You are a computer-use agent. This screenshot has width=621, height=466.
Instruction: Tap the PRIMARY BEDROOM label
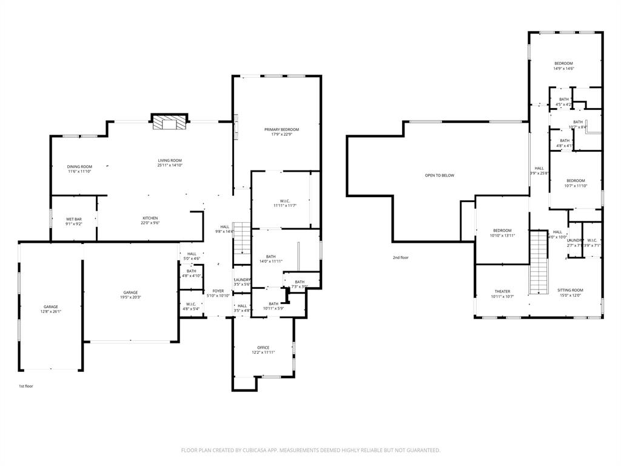tap(281, 130)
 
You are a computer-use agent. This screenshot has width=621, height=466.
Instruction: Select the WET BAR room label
tap(74, 219)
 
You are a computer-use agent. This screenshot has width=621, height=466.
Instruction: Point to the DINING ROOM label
tap(79, 167)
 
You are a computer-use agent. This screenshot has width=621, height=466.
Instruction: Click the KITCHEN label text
tap(150, 218)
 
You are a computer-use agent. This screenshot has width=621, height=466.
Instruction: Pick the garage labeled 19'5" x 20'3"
tap(130, 292)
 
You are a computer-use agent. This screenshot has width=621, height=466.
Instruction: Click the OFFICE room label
tap(263, 348)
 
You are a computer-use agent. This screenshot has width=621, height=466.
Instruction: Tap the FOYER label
tap(218, 291)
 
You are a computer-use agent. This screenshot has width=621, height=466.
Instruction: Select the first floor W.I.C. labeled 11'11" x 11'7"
tap(285, 201)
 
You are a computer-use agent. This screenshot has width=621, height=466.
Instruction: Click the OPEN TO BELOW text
tap(439, 175)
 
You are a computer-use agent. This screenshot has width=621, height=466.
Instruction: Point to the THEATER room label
tap(502, 291)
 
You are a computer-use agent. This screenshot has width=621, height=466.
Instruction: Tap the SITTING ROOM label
tap(569, 291)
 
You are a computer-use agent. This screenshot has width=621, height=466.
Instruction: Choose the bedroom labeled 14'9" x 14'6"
tap(563, 64)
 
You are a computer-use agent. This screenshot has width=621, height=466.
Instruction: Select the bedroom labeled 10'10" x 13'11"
tap(502, 231)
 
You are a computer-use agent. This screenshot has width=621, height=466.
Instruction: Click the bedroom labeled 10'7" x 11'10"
tap(576, 181)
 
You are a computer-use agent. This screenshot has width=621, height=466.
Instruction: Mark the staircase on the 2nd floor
tap(539, 262)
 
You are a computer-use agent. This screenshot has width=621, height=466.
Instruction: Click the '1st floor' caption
tap(26, 386)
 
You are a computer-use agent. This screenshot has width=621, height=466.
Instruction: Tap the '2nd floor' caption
tap(400, 257)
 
